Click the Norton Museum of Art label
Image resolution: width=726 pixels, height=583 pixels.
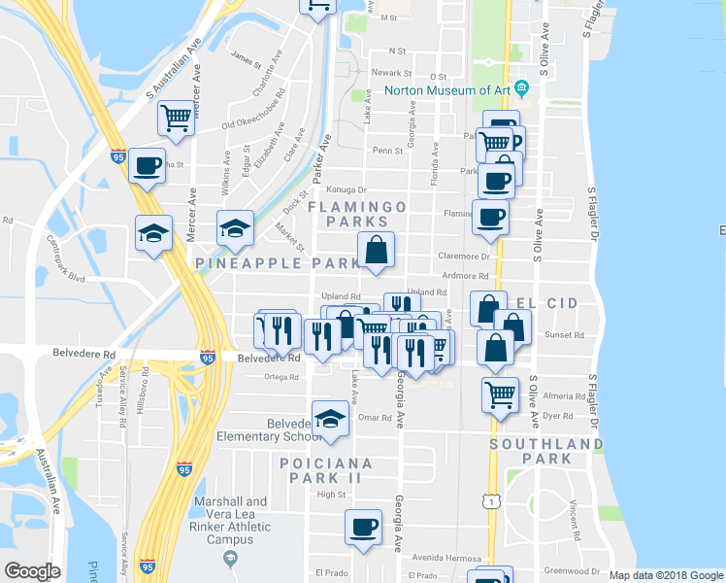click(448, 90)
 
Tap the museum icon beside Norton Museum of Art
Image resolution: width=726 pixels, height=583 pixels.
click(521, 90)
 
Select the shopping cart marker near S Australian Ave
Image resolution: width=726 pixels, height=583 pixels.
click(177, 120)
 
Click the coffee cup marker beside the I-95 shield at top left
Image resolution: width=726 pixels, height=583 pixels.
click(147, 166)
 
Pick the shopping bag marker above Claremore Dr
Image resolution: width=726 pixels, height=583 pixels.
click(377, 251)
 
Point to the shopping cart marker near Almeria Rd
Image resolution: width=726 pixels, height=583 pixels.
click(500, 395)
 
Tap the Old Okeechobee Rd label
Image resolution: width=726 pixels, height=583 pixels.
click(247, 122)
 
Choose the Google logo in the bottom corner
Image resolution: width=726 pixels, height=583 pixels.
click(33, 570)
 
